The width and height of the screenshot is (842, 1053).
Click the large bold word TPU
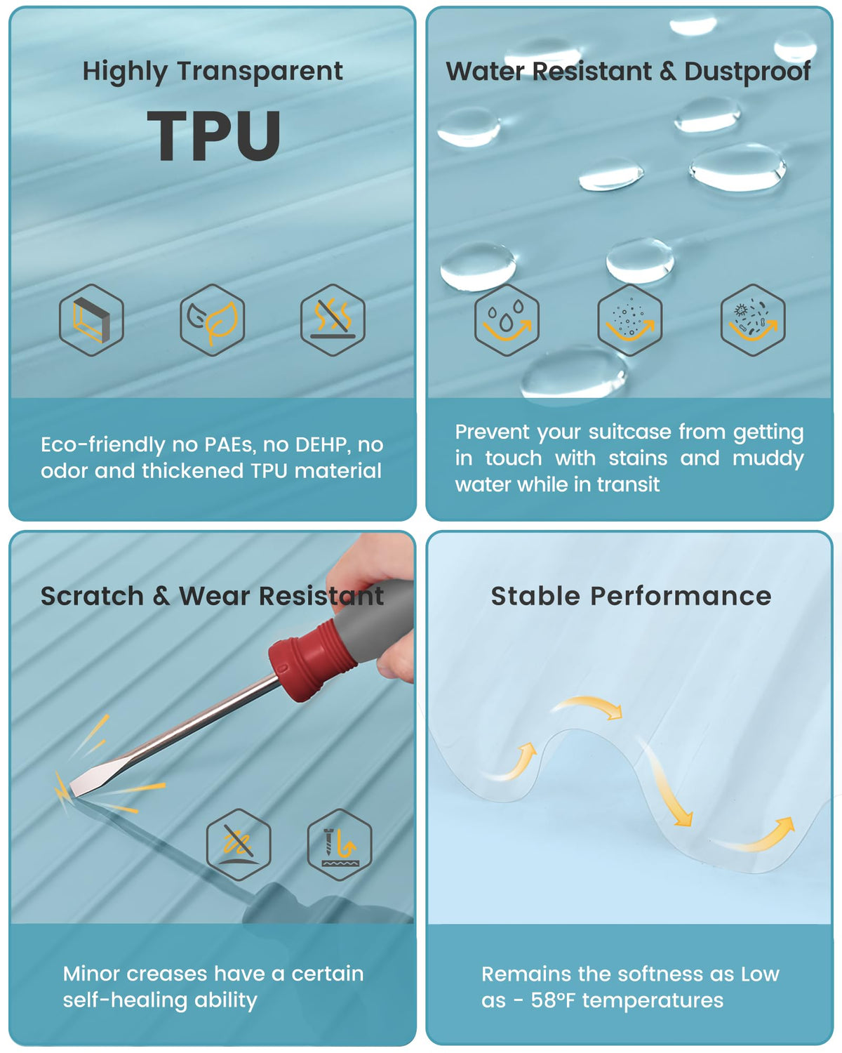pos(214,135)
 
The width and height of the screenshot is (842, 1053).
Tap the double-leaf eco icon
pos(213,319)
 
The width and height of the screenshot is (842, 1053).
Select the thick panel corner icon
pos(91,319)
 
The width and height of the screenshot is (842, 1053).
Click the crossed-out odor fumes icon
pos(333,319)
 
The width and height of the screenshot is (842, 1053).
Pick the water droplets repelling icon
pos(507,319)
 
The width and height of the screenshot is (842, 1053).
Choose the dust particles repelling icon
pos(629,319)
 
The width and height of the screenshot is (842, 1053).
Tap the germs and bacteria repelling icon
pos(753,319)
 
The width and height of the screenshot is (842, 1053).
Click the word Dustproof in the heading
pos(747,72)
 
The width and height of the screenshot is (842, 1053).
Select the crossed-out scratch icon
pos(239,845)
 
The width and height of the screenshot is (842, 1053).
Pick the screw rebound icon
pos(340,845)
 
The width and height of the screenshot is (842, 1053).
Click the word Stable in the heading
pos(536,596)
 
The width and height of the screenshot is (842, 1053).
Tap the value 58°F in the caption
pos(552,1000)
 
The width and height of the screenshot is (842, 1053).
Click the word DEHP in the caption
pos(321,444)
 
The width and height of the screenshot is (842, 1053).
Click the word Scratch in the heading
pos(92,596)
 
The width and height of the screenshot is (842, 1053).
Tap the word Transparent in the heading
pos(260,72)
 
